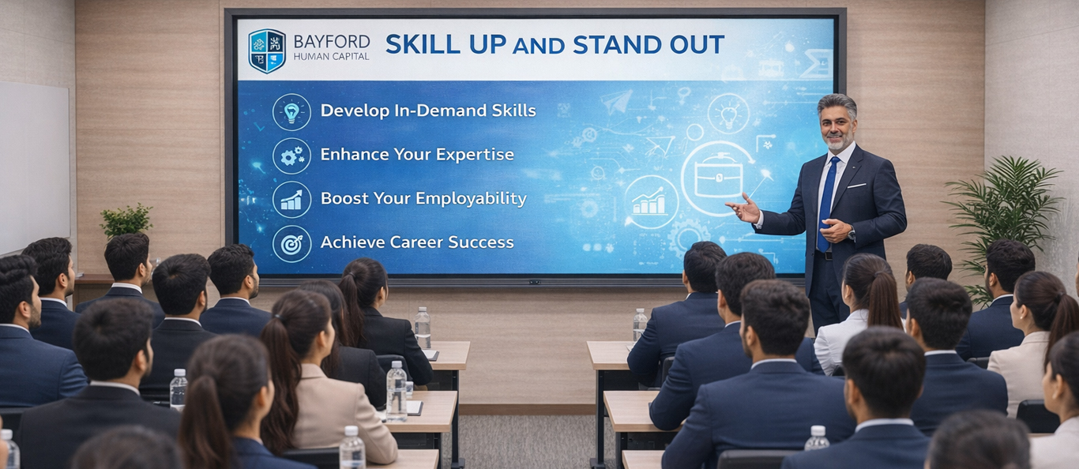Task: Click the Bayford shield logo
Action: click(267, 51)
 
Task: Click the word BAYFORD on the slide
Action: click(332, 41)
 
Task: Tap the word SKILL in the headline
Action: click(423, 44)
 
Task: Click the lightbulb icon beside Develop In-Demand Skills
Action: click(291, 112)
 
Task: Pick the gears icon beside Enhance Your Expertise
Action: click(291, 156)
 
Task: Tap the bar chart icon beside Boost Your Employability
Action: click(291, 200)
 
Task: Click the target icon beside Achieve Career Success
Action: click(291, 244)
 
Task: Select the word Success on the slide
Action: click(481, 242)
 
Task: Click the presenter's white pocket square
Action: click(857, 186)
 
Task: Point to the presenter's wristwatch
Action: click(852, 234)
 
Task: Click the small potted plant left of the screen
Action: click(126, 221)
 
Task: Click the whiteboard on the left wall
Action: click(34, 166)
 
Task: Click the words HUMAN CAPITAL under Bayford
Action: click(332, 56)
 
